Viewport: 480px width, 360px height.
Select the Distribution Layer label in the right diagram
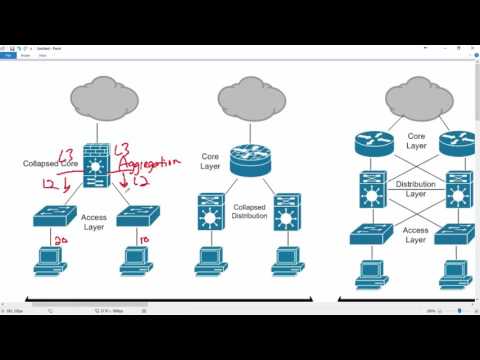pos(415,189)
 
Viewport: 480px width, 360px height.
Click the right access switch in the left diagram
pos(137,215)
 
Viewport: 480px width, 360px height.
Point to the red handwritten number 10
pos(146,241)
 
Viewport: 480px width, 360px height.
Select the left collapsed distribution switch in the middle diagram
pos(210,213)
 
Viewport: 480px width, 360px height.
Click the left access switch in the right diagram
pos(370,234)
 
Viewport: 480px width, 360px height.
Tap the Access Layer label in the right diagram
pos(415,234)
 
